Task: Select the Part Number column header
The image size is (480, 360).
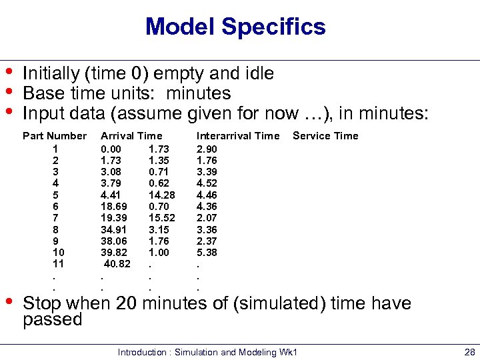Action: coord(55,136)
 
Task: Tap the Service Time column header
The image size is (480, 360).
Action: coord(325,136)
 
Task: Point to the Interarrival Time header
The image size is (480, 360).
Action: coord(238,136)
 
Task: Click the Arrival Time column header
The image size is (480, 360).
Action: coord(131,136)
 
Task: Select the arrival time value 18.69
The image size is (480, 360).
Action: coord(113,207)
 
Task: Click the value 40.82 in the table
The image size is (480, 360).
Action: coord(117,265)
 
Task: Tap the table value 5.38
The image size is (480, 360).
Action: coord(207,253)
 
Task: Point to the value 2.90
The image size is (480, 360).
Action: coord(207,148)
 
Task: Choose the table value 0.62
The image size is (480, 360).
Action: coord(159,183)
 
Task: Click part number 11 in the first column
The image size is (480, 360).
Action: coord(58,265)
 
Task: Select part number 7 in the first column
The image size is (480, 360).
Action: coord(55,218)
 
